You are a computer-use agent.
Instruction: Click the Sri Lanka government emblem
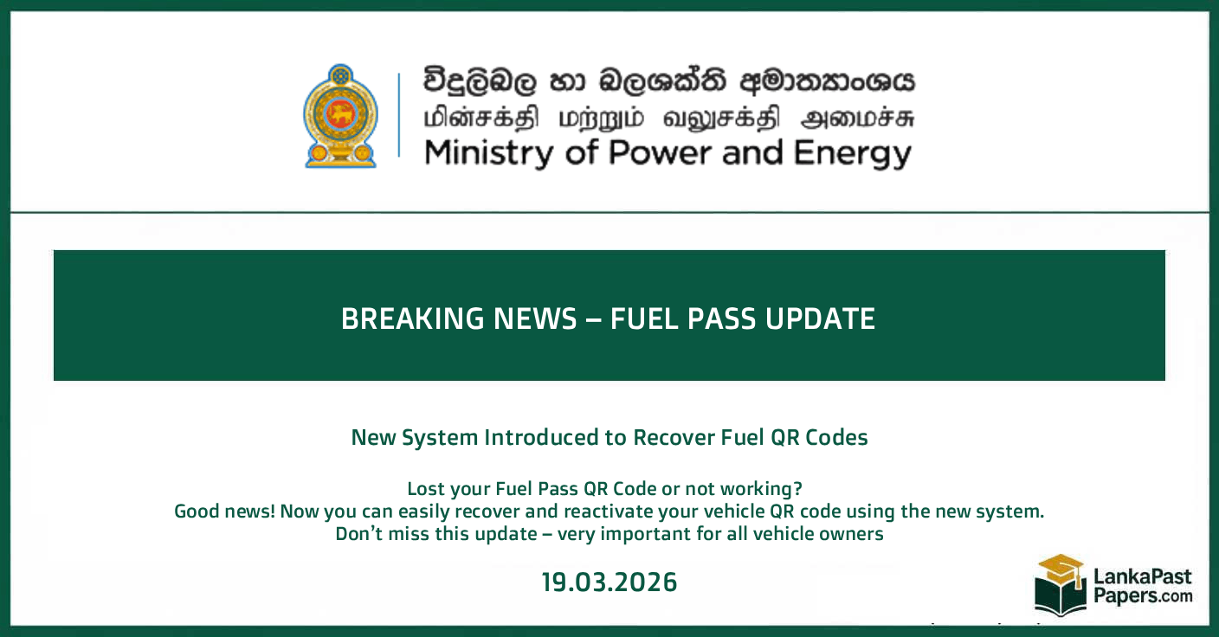[341, 115]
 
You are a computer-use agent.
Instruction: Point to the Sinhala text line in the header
[668, 82]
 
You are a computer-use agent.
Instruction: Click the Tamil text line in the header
[668, 119]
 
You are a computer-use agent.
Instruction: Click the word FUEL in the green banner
[644, 318]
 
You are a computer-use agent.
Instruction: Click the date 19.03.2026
[609, 582]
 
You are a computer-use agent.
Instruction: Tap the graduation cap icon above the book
[1061, 568]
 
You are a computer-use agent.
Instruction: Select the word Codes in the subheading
[835, 437]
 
